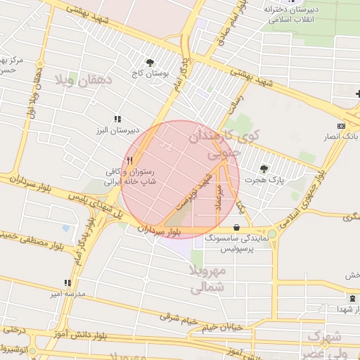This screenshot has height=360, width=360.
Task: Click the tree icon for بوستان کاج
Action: point(149,62)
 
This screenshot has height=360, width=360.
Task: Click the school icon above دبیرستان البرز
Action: point(117,120)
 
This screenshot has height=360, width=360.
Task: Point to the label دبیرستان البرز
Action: point(117,130)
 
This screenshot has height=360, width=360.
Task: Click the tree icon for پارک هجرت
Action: point(264,169)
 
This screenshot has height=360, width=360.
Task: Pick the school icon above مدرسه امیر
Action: point(67,283)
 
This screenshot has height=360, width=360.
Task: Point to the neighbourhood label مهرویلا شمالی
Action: point(207,279)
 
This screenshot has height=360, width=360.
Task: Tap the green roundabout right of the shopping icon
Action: point(271,233)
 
